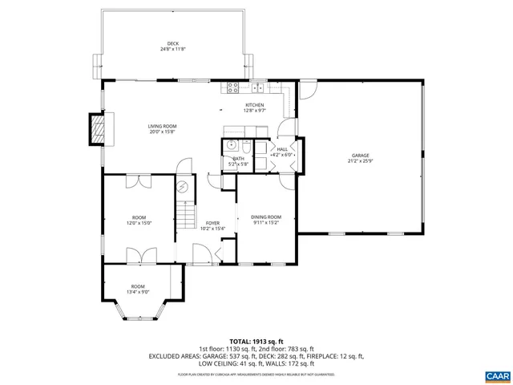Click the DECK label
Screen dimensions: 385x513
(x=172, y=43)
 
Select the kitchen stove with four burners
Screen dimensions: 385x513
(x=233, y=87)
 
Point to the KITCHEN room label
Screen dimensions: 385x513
(x=254, y=105)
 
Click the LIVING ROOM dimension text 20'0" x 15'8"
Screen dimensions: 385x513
(x=162, y=133)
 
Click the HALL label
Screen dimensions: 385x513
(x=282, y=149)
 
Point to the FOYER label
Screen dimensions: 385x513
(x=212, y=223)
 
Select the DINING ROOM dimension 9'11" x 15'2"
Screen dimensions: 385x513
(x=265, y=223)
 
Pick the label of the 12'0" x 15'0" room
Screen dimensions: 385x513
(x=139, y=217)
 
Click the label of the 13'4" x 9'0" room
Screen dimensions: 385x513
(x=138, y=286)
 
